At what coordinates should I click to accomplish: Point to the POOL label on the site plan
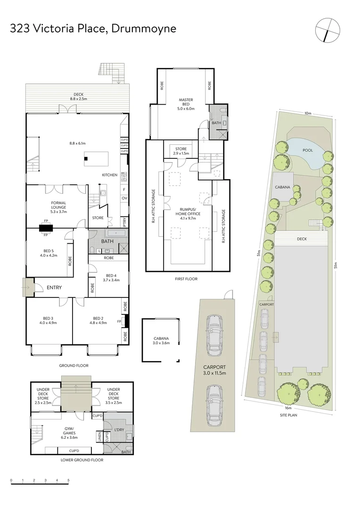click(x=308, y=150)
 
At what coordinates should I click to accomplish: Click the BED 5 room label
click(x=49, y=253)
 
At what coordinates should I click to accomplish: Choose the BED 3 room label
click(x=48, y=320)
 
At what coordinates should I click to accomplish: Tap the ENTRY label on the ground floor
click(x=54, y=287)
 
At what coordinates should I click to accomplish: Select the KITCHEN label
click(x=110, y=175)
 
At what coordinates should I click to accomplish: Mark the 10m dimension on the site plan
click(x=308, y=113)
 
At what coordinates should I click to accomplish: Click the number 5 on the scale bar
click(x=69, y=480)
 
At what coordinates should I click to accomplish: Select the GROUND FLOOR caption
click(x=74, y=365)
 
